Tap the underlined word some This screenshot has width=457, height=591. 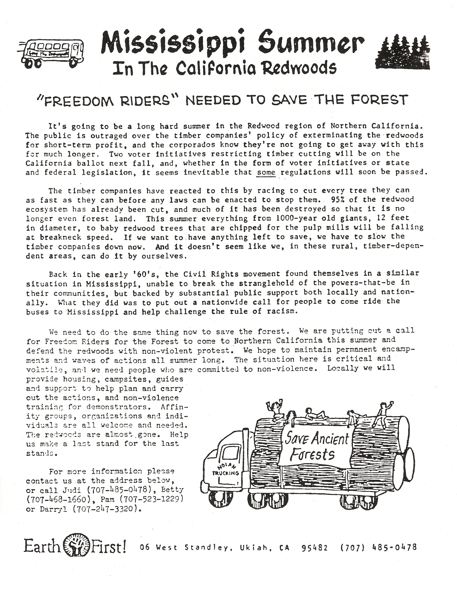click(x=266, y=172)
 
